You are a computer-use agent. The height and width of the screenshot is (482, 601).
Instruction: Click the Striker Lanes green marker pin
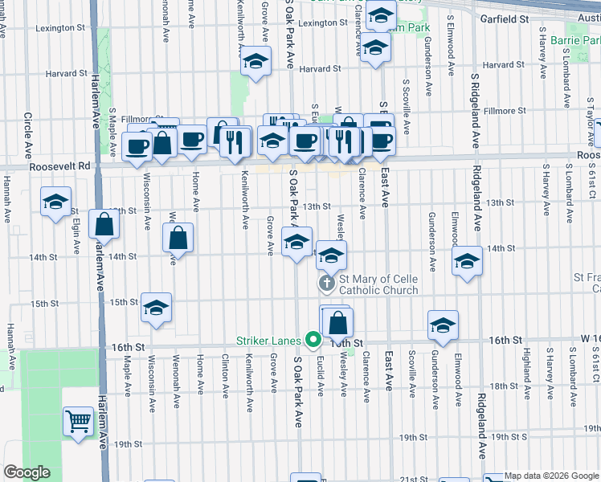[x=310, y=340]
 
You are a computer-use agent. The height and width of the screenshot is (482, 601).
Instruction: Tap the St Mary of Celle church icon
[x=327, y=283]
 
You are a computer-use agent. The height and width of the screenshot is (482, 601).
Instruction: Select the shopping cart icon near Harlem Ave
[x=79, y=420]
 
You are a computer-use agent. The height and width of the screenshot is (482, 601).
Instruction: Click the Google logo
[x=27, y=472]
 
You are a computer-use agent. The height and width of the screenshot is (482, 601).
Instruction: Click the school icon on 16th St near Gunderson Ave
[x=443, y=325]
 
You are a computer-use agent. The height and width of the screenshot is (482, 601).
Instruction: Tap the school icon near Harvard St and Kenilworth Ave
[x=256, y=61]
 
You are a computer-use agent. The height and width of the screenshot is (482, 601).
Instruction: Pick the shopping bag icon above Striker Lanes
[x=339, y=323]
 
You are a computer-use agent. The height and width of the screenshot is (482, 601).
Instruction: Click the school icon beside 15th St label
[x=157, y=308]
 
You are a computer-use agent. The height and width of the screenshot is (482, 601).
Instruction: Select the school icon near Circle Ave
[x=55, y=202]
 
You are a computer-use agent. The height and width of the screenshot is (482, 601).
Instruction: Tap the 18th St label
[x=505, y=386]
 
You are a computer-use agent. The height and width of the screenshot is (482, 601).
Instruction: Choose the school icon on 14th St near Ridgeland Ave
[x=467, y=260]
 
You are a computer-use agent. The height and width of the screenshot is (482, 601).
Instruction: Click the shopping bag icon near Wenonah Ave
[x=178, y=238]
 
